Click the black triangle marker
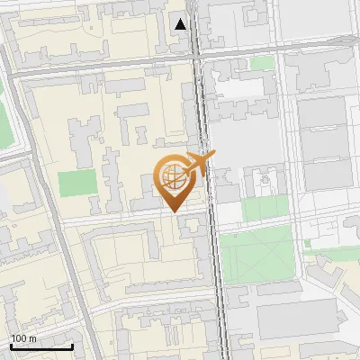(181, 23)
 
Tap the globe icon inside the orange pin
(173, 176)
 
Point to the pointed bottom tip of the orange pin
(174, 211)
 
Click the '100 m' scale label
(24, 338)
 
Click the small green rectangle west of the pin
(76, 183)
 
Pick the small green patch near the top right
(262, 63)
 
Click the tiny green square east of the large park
(308, 243)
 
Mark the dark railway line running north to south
(214, 270)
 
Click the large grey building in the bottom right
(297, 319)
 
